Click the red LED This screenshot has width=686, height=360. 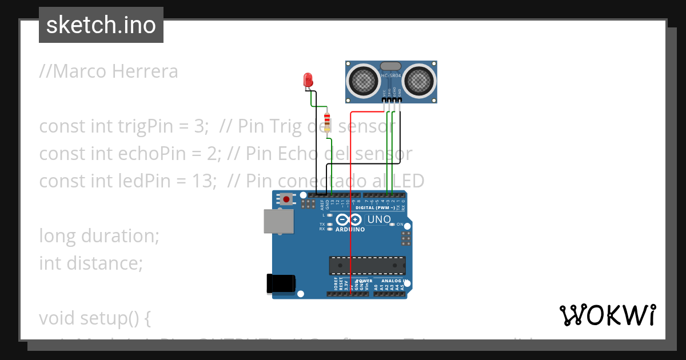click(308, 79)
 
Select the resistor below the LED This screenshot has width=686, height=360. click(327, 122)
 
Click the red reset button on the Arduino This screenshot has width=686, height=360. click(285, 199)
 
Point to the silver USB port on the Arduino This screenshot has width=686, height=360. click(278, 221)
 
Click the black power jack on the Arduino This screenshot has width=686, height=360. click(281, 284)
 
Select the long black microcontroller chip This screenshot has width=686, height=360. click(367, 266)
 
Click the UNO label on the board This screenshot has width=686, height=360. click(378, 219)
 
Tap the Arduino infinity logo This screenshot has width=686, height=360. click(348, 219)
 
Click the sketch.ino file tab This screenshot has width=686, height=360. click(101, 25)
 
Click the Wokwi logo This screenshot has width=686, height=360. click(607, 315)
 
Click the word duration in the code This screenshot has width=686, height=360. click(118, 235)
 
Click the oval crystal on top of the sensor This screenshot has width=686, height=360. click(392, 67)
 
